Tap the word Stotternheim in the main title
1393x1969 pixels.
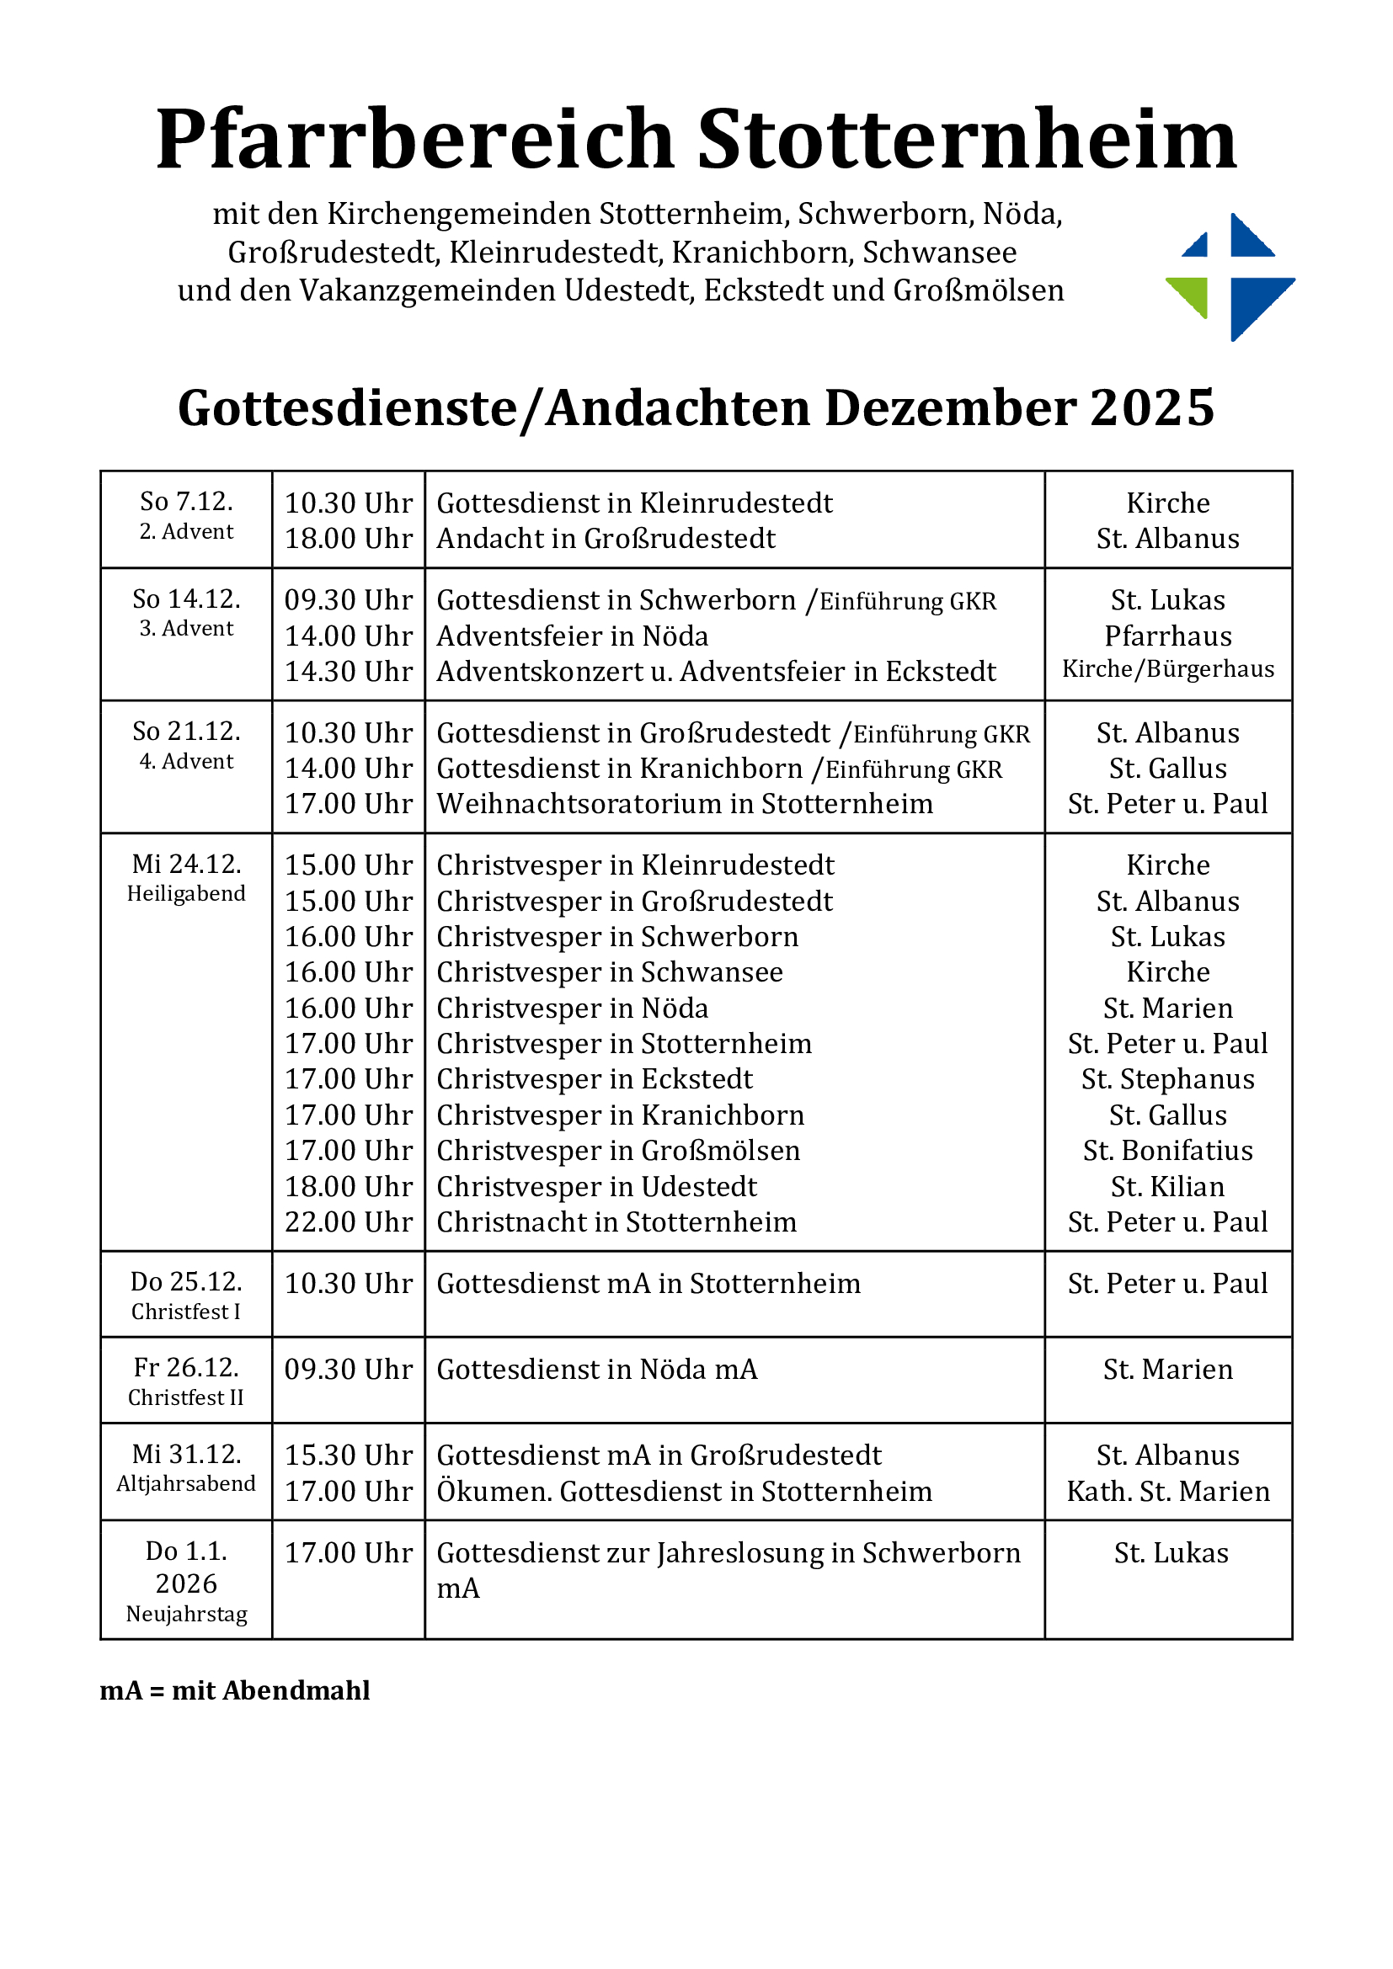point(967,139)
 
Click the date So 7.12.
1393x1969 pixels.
point(186,502)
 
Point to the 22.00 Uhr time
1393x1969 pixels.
point(349,1222)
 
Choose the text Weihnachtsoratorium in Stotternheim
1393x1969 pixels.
point(685,805)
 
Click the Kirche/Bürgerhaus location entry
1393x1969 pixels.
point(1167,670)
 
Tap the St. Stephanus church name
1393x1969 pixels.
point(1167,1080)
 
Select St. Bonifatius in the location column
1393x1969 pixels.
point(1167,1151)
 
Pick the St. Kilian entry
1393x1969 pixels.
point(1167,1187)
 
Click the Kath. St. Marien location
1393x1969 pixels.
point(1167,1492)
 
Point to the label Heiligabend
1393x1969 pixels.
point(186,895)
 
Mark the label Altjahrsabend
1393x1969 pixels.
point(186,1483)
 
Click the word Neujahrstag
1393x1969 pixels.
point(186,1614)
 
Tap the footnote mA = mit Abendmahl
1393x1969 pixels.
point(235,1690)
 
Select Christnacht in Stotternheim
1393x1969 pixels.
point(616,1222)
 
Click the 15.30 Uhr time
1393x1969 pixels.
point(349,1455)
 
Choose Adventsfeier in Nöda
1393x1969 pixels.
point(572,636)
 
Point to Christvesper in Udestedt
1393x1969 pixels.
point(596,1187)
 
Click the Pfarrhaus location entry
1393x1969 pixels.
point(1167,636)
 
